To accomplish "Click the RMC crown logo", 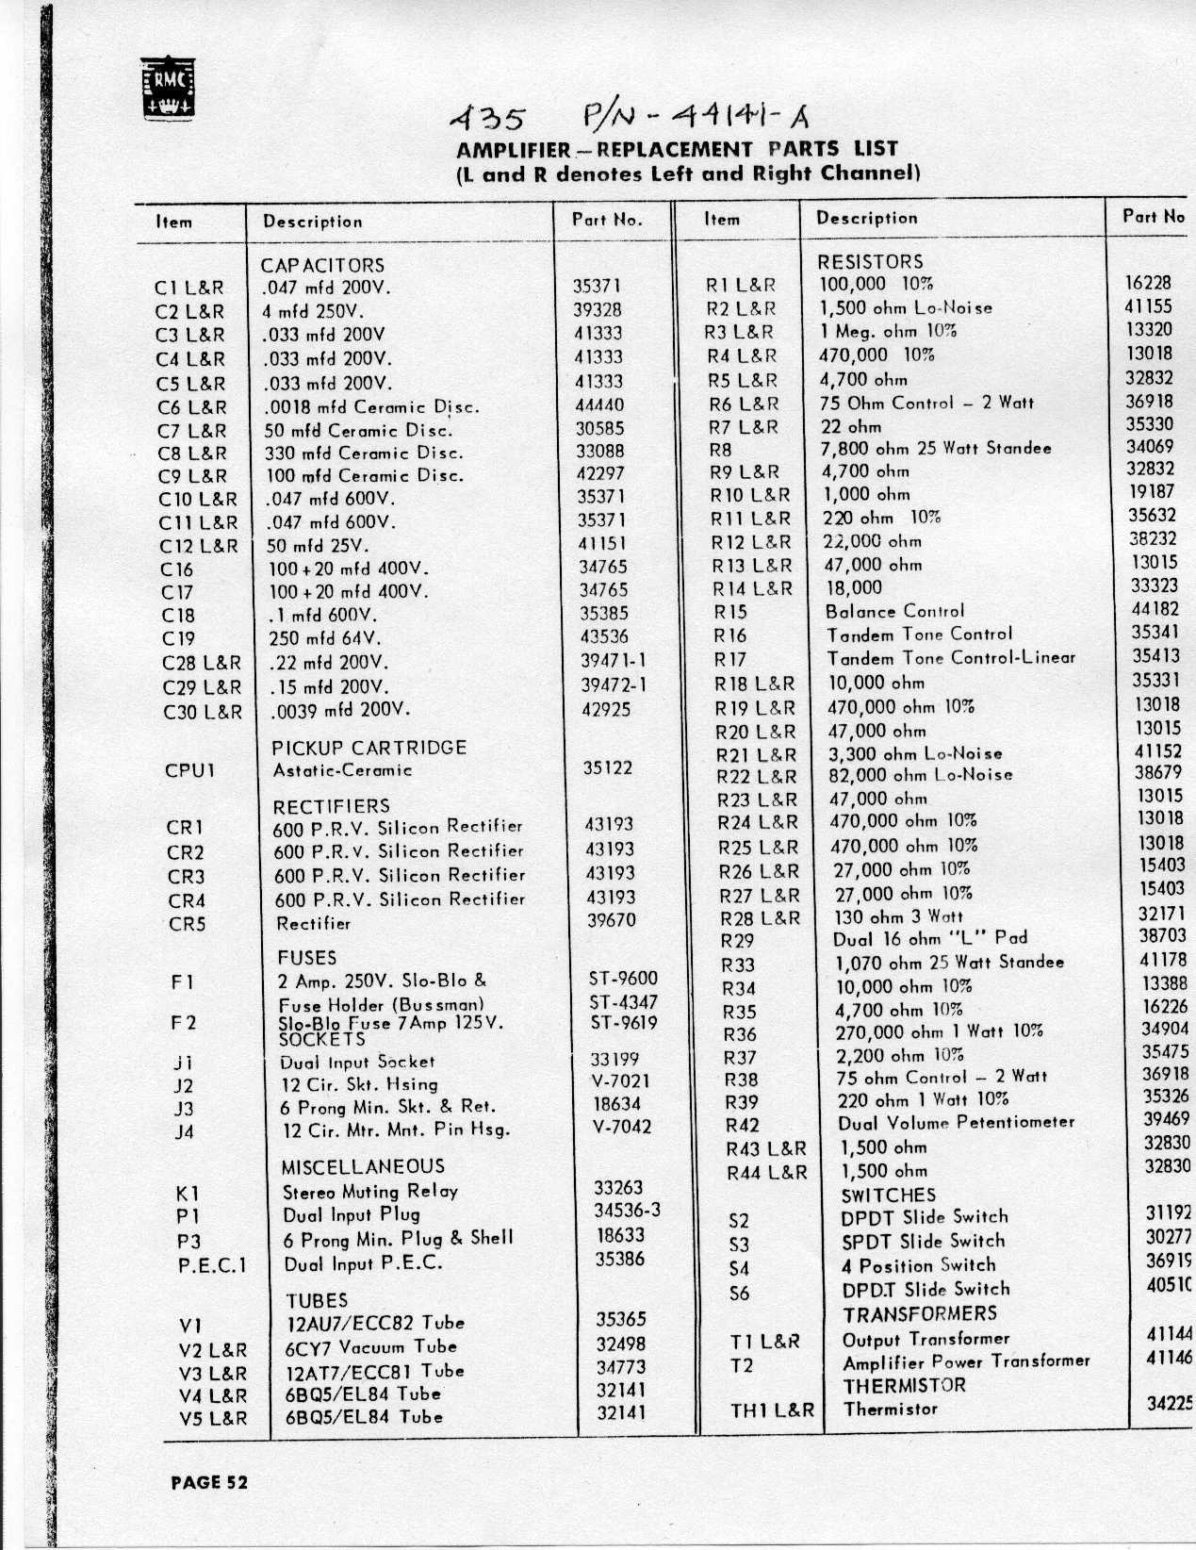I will click(168, 88).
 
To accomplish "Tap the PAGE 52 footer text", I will click(208, 1482).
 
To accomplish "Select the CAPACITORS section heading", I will click(322, 266).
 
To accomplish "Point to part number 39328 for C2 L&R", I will click(598, 309).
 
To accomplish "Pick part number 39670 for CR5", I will click(611, 920).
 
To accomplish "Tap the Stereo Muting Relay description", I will click(370, 1192).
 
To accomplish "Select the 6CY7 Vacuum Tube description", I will click(371, 1347).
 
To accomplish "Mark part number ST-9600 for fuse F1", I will click(623, 979).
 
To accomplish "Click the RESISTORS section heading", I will click(870, 261).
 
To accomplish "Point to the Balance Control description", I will click(894, 611).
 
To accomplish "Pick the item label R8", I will click(720, 450).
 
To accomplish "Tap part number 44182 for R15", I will click(1155, 609).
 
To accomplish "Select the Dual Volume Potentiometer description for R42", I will click(956, 1123).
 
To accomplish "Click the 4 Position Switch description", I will click(918, 1265).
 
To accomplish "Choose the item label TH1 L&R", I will click(772, 1411).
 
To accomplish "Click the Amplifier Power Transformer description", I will click(965, 1362).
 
